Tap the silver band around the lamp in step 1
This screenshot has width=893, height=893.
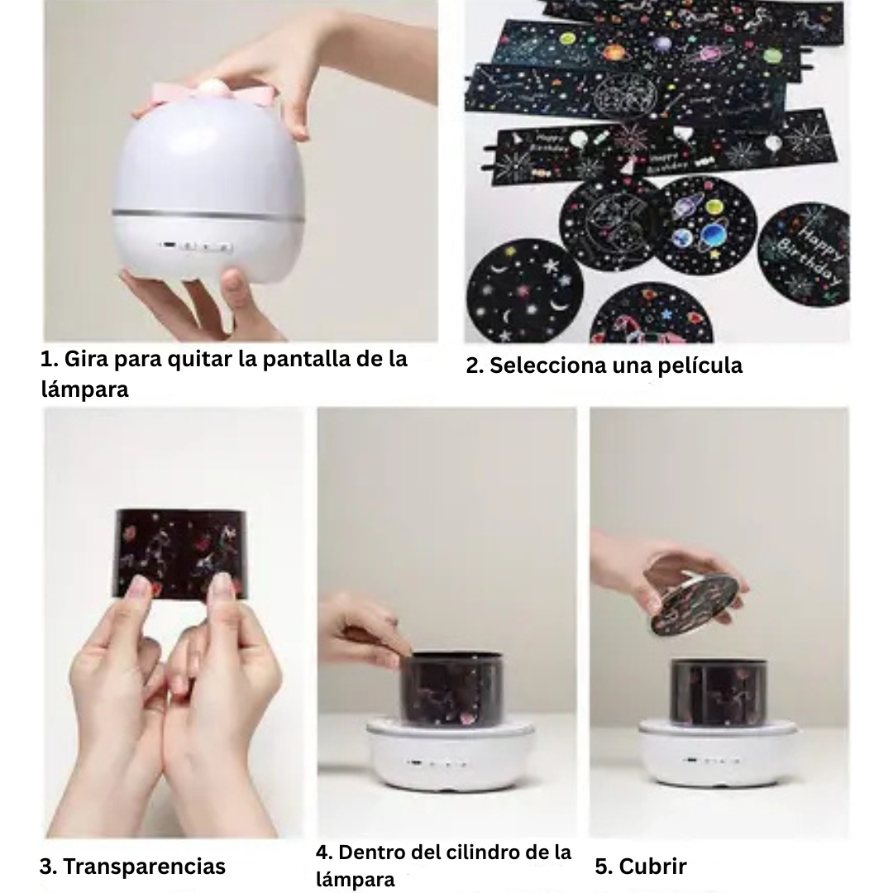(207, 215)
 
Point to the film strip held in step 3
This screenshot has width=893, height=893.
(179, 552)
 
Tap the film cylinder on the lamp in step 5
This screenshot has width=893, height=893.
(718, 688)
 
